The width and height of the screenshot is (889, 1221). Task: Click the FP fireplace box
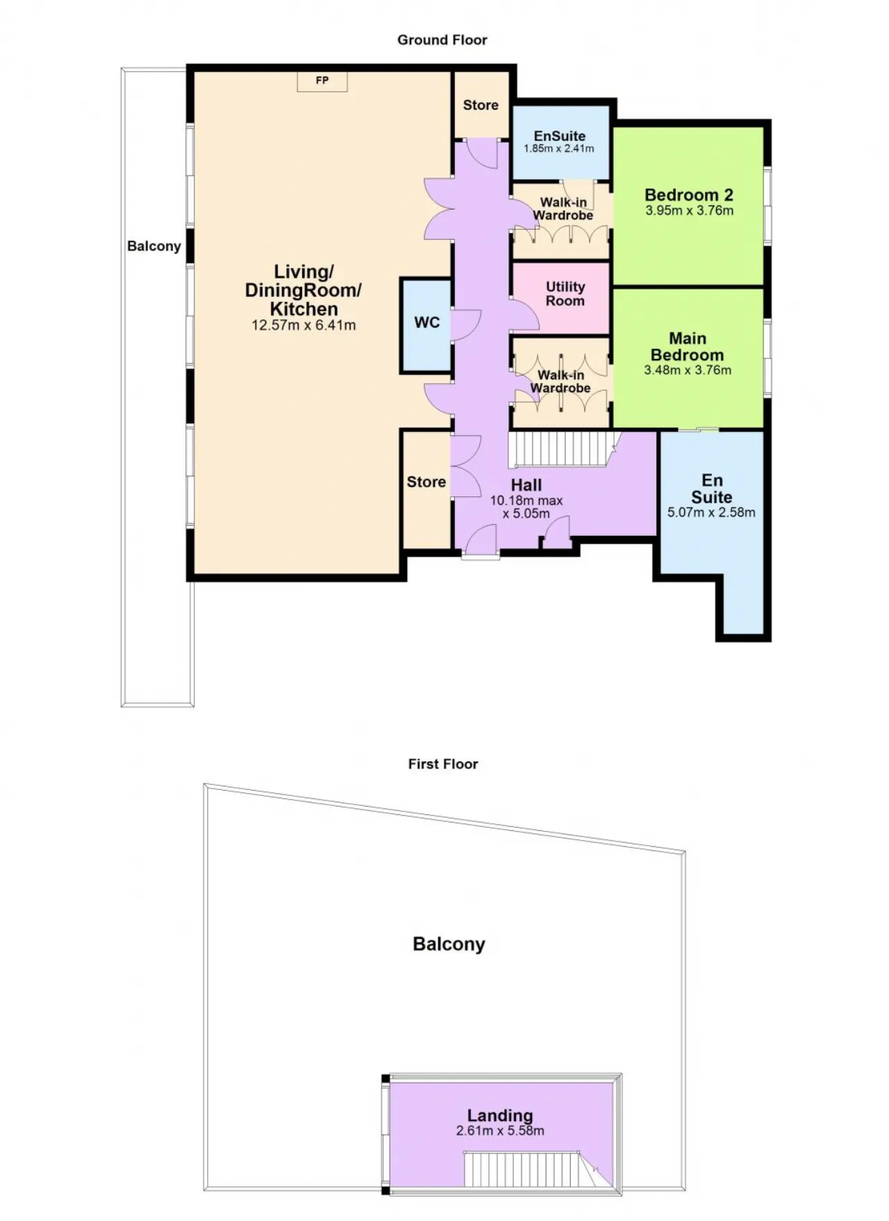click(x=322, y=81)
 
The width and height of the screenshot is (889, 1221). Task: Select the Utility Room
click(x=560, y=297)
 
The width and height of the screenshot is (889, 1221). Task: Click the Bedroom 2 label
click(x=688, y=195)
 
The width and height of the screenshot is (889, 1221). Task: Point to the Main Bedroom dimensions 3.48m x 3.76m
click(x=688, y=370)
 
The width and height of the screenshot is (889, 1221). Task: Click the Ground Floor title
click(x=442, y=40)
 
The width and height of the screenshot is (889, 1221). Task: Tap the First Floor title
click(x=443, y=764)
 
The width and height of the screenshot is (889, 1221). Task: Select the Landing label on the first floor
click(x=500, y=1115)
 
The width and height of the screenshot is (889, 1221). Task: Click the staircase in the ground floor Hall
click(x=563, y=449)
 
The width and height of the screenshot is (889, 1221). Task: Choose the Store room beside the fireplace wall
click(x=481, y=105)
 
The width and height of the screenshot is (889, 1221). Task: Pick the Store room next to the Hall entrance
click(x=426, y=490)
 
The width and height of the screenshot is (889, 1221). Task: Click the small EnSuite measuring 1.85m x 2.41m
click(x=560, y=142)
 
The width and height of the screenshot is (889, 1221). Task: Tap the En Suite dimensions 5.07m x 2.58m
click(x=711, y=513)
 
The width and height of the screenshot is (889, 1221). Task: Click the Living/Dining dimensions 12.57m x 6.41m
click(x=304, y=325)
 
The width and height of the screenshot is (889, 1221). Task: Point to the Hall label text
click(x=526, y=485)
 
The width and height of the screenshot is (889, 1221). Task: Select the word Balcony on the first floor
click(x=449, y=944)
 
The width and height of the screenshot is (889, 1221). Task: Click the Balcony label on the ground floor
click(x=154, y=246)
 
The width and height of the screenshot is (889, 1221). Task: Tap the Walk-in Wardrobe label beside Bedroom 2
click(x=563, y=209)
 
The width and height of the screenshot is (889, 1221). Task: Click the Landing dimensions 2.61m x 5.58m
click(x=500, y=1131)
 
